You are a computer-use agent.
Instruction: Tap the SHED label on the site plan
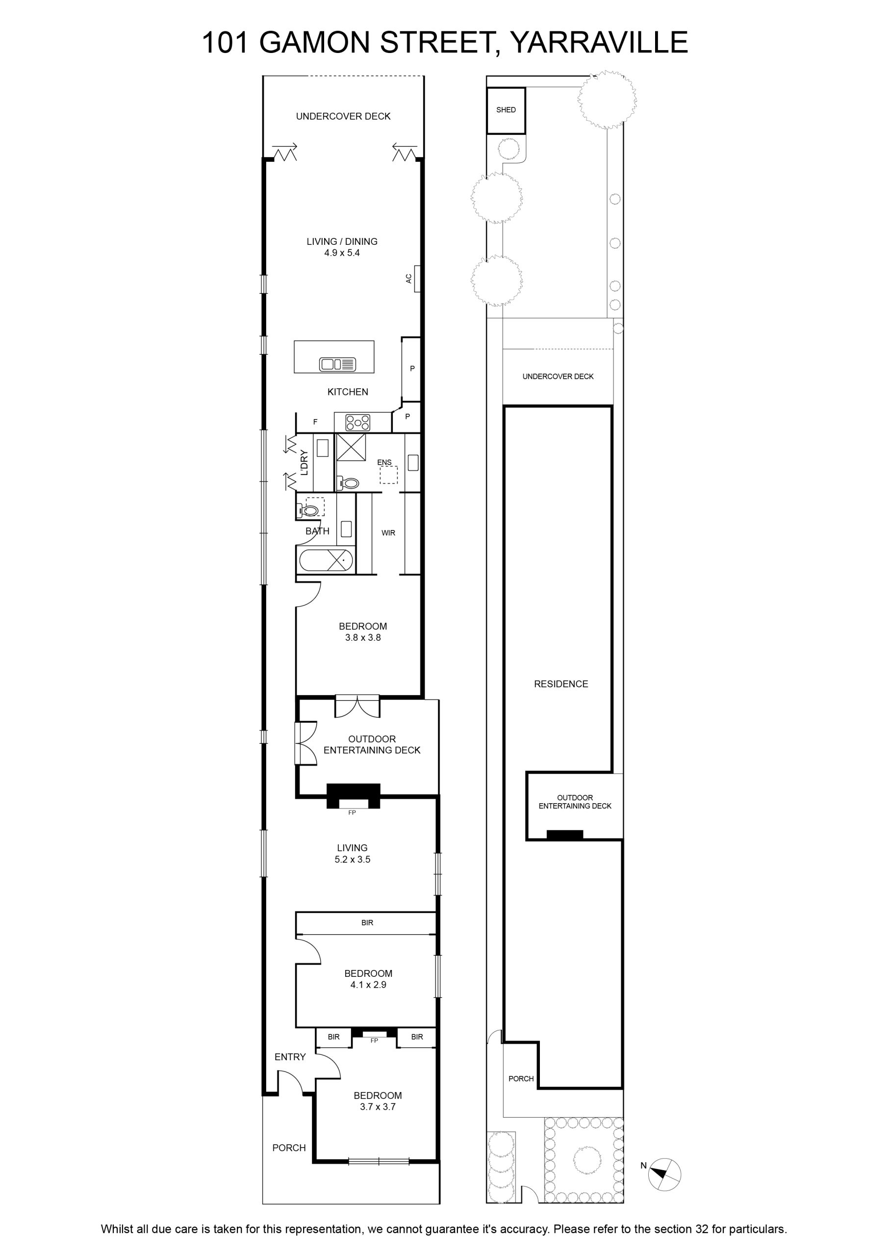506,110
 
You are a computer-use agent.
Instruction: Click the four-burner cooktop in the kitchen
357,422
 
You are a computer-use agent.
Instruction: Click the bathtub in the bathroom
326,560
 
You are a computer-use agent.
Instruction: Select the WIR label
388,533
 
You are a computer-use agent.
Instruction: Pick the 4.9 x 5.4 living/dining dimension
342,253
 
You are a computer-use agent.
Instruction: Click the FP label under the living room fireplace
352,813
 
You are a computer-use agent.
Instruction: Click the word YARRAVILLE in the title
599,42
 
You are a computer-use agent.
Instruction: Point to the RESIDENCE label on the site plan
561,684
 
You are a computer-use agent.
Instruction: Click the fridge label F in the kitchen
315,422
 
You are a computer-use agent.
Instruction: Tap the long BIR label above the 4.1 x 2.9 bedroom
367,923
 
